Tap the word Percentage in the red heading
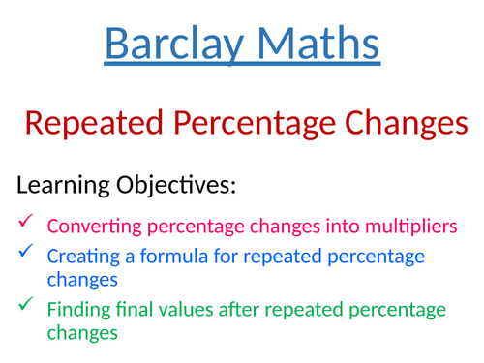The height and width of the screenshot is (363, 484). point(250,125)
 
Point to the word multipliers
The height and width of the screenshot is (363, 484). point(405,227)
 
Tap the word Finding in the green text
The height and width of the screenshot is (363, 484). point(78,311)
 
